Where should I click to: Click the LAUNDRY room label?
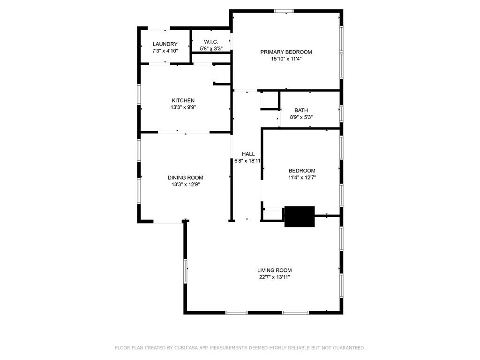[x=165, y=44]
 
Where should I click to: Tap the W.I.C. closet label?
[x=211, y=42]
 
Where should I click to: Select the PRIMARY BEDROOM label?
[x=286, y=52]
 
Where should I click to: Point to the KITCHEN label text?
[x=183, y=100]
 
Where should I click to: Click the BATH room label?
[x=301, y=110]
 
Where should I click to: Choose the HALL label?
[x=248, y=154]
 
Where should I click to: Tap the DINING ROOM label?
[x=186, y=178]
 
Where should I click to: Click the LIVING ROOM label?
[x=274, y=270]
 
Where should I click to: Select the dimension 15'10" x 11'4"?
[x=286, y=59]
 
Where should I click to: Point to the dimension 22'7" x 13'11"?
[x=274, y=277]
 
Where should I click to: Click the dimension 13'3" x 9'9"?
[x=183, y=107]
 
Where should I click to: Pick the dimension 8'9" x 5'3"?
[x=301, y=117]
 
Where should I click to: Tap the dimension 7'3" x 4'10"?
[x=165, y=51]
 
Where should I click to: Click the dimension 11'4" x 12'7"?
[x=302, y=178]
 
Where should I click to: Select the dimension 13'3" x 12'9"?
[x=186, y=185]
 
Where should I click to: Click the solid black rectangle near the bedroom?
[x=300, y=217]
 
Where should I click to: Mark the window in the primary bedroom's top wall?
[x=284, y=11]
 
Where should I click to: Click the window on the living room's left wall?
[x=186, y=271]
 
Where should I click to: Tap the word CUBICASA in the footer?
[x=186, y=348]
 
